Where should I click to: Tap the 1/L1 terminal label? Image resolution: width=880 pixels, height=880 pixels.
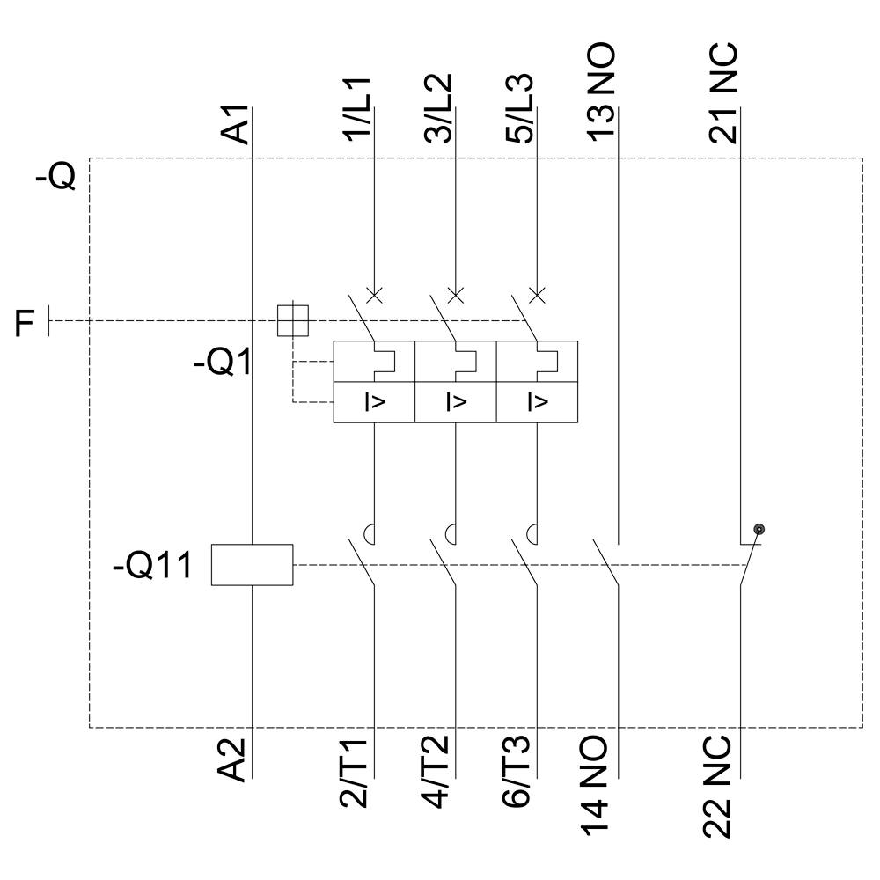359,108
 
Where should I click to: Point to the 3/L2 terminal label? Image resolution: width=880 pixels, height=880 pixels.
439,108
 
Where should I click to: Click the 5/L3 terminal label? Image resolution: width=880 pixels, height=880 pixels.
521,108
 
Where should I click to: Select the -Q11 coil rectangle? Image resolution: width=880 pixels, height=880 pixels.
252,564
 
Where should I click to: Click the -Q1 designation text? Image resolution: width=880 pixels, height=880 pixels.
222,362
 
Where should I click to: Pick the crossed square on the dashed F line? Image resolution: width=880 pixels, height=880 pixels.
293,320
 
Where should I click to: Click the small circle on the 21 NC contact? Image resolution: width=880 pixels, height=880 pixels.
759,529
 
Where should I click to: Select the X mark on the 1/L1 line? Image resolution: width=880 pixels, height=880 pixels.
374,294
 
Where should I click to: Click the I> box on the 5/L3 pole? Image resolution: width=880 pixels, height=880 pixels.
536,403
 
